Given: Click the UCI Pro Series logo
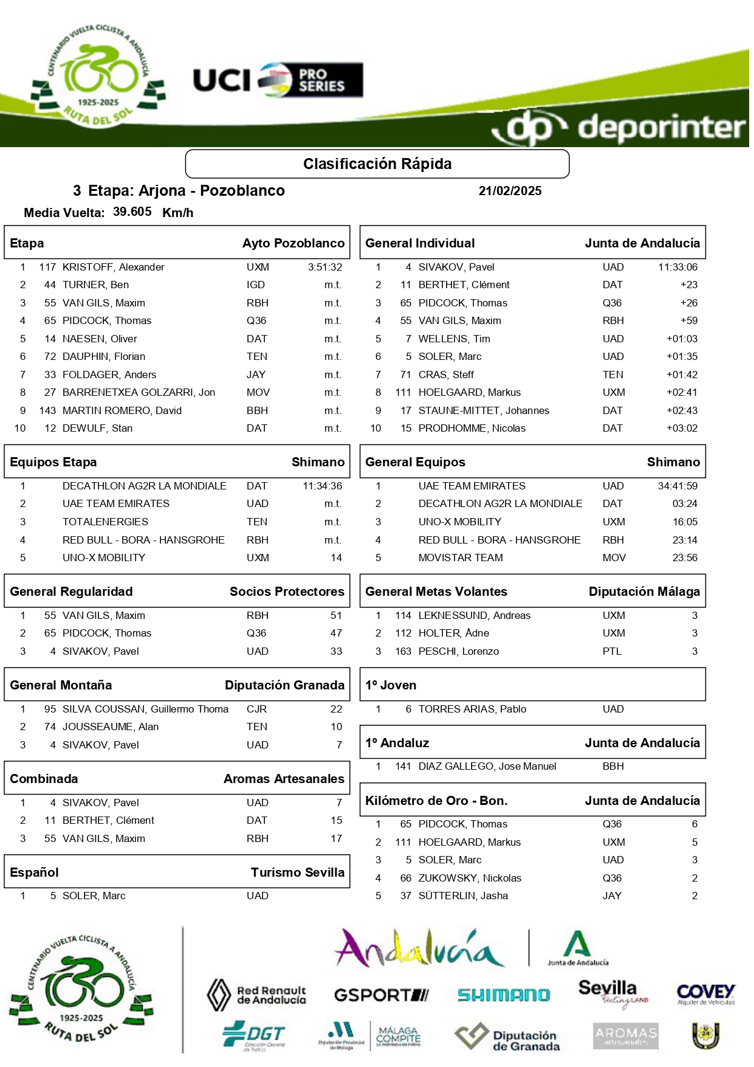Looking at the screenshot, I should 278,80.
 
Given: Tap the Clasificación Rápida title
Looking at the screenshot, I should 377,164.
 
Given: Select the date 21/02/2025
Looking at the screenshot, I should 510,191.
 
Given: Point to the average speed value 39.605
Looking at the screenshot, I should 132,212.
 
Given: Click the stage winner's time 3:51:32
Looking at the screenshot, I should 325,267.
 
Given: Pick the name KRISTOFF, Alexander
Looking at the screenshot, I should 114,267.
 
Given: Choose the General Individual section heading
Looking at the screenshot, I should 420,243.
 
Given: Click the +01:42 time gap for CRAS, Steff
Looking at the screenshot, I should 682,375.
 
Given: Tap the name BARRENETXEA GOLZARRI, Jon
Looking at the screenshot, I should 139,392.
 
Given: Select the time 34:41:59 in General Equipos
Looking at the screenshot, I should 677,486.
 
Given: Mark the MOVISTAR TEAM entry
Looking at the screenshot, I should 461,558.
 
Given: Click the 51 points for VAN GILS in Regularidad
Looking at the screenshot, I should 336,615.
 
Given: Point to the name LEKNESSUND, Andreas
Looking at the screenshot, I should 475,615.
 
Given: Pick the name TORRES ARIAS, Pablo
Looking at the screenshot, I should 472,709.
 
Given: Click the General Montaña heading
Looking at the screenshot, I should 61,685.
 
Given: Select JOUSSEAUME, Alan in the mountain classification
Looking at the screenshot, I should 111,727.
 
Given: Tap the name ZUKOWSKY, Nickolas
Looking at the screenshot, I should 470,878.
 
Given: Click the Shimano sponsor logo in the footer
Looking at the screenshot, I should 503,995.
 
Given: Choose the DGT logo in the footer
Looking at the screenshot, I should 253,1035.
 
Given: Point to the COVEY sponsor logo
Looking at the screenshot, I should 705,995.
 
